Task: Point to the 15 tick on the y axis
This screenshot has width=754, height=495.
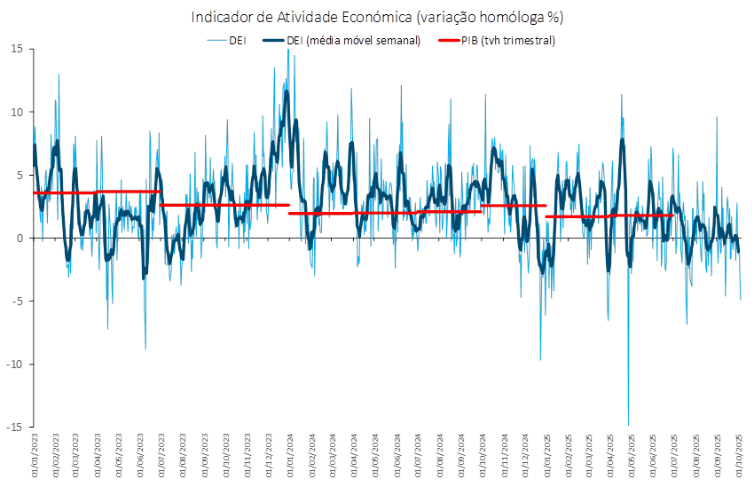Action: (x=17, y=48)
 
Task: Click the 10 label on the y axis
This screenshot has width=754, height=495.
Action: (x=17, y=112)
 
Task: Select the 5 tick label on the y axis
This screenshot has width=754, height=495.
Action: (x=20, y=175)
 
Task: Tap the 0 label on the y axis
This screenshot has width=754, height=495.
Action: (x=20, y=238)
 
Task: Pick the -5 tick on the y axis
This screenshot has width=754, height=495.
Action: (x=18, y=301)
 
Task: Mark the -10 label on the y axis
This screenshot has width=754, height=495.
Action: (x=15, y=364)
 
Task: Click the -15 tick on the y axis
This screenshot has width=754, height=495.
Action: (x=15, y=427)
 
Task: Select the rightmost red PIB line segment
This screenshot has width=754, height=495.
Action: (x=610, y=216)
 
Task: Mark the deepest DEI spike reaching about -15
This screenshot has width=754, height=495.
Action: (x=628, y=423)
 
